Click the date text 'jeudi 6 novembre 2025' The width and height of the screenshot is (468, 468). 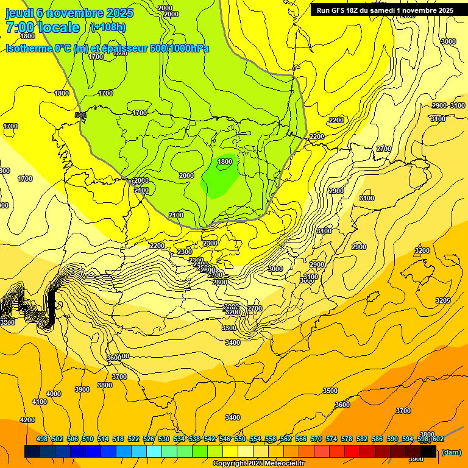[x=69, y=13]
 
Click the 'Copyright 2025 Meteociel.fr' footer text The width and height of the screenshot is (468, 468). [x=258, y=464]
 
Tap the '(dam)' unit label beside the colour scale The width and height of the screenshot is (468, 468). [x=452, y=452]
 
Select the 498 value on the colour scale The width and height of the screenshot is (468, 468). [x=42, y=439]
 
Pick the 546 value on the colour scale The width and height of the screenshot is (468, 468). [x=225, y=439]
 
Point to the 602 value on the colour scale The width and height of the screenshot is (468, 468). [x=438, y=439]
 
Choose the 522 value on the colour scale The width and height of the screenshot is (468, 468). [x=133, y=439]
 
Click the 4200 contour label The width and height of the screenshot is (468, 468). [x=27, y=420]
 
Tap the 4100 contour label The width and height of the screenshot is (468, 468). [x=40, y=402]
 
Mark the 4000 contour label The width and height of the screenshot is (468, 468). [x=54, y=394]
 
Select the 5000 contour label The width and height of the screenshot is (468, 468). [x=448, y=41]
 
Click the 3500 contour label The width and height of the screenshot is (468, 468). [x=330, y=391]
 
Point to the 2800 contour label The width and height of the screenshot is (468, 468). [x=219, y=282]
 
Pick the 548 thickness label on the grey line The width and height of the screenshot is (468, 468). [x=80, y=115]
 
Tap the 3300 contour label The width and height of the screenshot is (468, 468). [x=229, y=328]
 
